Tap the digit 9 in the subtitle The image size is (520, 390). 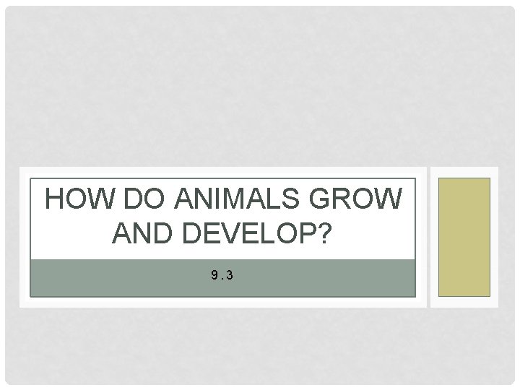tap(214, 274)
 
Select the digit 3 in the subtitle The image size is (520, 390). tap(230, 274)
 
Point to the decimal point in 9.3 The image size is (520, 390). tap(222, 277)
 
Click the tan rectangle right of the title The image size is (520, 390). tap(465, 237)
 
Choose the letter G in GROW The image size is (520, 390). tap(325, 199)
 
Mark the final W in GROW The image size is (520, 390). tap(388, 199)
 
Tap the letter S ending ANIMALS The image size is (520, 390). tap(298, 199)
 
